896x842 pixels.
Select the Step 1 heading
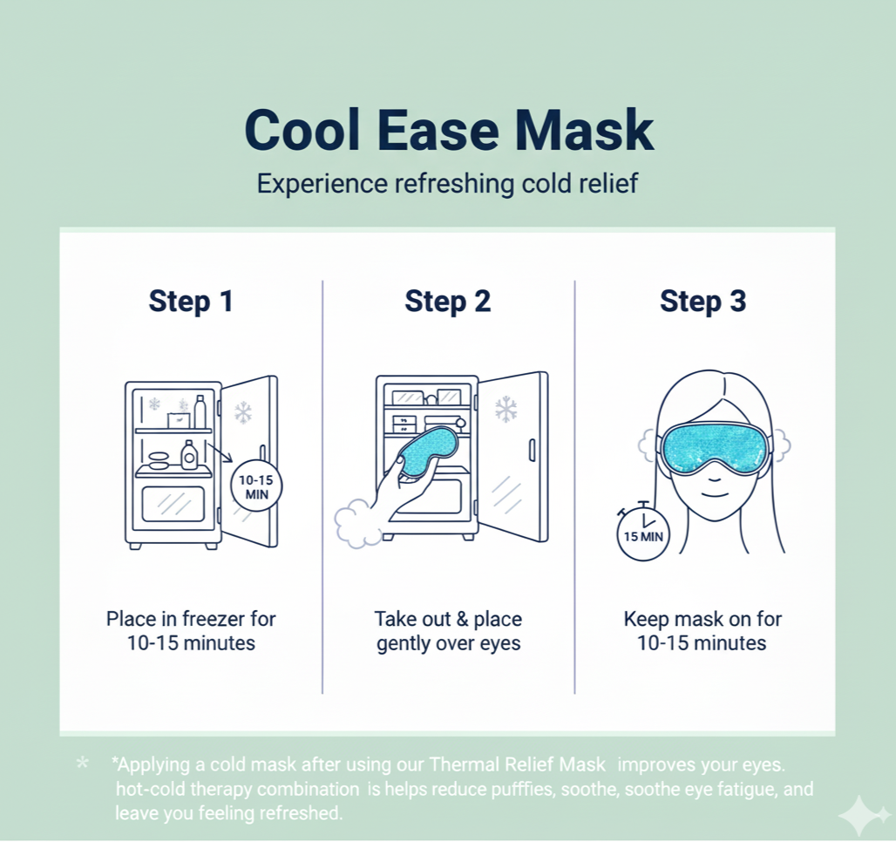[191, 301]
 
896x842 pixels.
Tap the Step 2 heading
[447, 301]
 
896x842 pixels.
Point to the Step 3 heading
[703, 301]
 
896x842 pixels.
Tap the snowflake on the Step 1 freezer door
[243, 412]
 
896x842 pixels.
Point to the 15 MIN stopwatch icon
[642, 533]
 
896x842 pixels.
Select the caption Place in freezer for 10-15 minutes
[191, 631]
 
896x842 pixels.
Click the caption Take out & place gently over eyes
[448, 631]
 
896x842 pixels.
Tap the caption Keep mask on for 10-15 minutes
[703, 631]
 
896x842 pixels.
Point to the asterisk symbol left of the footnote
[82, 764]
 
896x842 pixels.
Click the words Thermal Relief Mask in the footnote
[517, 764]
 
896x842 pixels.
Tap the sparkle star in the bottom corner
[862, 816]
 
